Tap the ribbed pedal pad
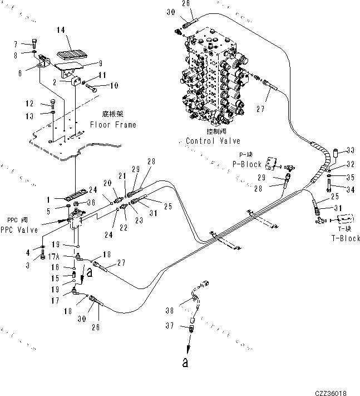(69, 55)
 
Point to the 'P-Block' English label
(246, 164)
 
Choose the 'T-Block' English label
(347, 238)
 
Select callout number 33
(351, 149)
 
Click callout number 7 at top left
(31, 43)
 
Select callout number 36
(91, 202)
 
